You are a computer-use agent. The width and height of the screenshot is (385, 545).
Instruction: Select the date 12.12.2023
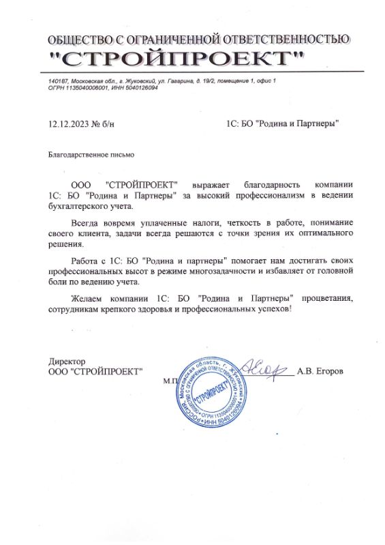pos(68,123)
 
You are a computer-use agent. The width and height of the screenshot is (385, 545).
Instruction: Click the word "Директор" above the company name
pos(65,361)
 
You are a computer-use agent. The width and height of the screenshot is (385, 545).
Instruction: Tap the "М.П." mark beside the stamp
pos(170,381)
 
